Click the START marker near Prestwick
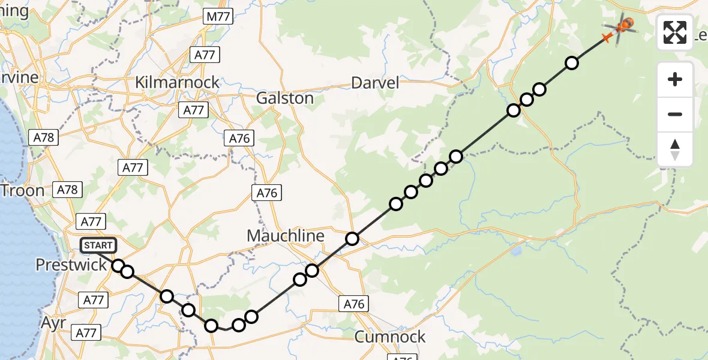pyautogui.click(x=98, y=245)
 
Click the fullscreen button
pyautogui.click(x=675, y=32)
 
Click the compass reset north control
pyautogui.click(x=675, y=149)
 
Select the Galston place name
pyautogui.click(x=285, y=98)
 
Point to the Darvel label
pyautogui.click(x=375, y=83)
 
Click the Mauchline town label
pyautogui.click(x=286, y=236)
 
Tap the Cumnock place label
pyautogui.click(x=390, y=337)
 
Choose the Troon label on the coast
pyautogui.click(x=23, y=191)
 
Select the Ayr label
pyautogui.click(x=53, y=322)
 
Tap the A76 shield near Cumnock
pyautogui.click(x=354, y=304)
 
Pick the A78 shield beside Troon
pyautogui.click(x=67, y=190)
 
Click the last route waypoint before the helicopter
pyautogui.click(x=572, y=62)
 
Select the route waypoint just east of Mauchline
pyautogui.click(x=352, y=239)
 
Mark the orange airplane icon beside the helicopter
pyautogui.click(x=607, y=38)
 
